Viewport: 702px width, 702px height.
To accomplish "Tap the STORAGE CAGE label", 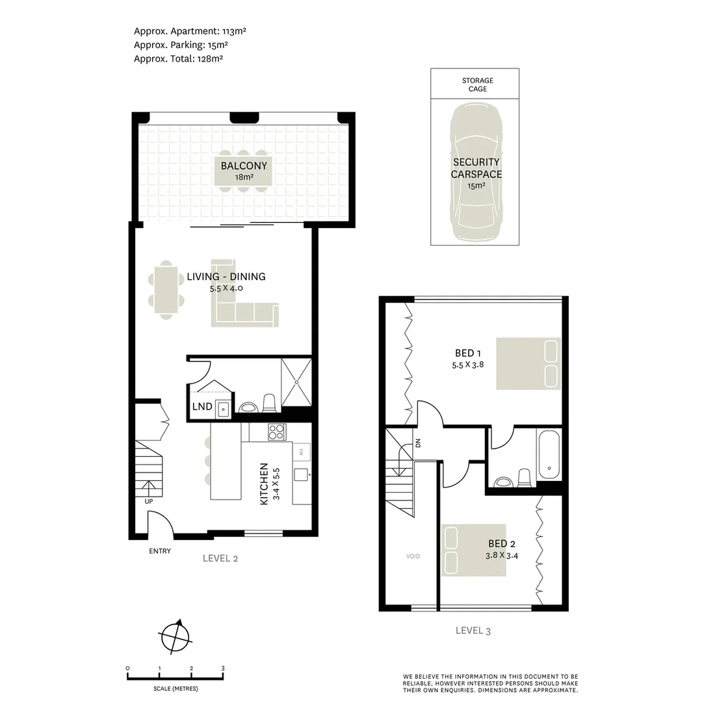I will (477, 84).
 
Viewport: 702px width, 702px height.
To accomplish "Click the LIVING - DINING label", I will (226, 277).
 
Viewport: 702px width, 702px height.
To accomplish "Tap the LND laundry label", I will (202, 407).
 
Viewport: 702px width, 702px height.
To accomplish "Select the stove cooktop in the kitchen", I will (277, 432).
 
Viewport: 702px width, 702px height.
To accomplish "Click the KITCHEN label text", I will (264, 484).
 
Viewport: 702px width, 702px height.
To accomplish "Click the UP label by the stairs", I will (149, 501).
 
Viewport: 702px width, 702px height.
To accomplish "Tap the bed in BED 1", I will (528, 363).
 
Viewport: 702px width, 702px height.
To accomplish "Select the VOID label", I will (413, 556).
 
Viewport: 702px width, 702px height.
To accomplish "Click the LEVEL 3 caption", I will (478, 630).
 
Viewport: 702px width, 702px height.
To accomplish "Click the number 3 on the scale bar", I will (223, 668).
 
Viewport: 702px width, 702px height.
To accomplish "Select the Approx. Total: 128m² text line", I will (179, 58).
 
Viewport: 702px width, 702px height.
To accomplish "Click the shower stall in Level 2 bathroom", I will (296, 382).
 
